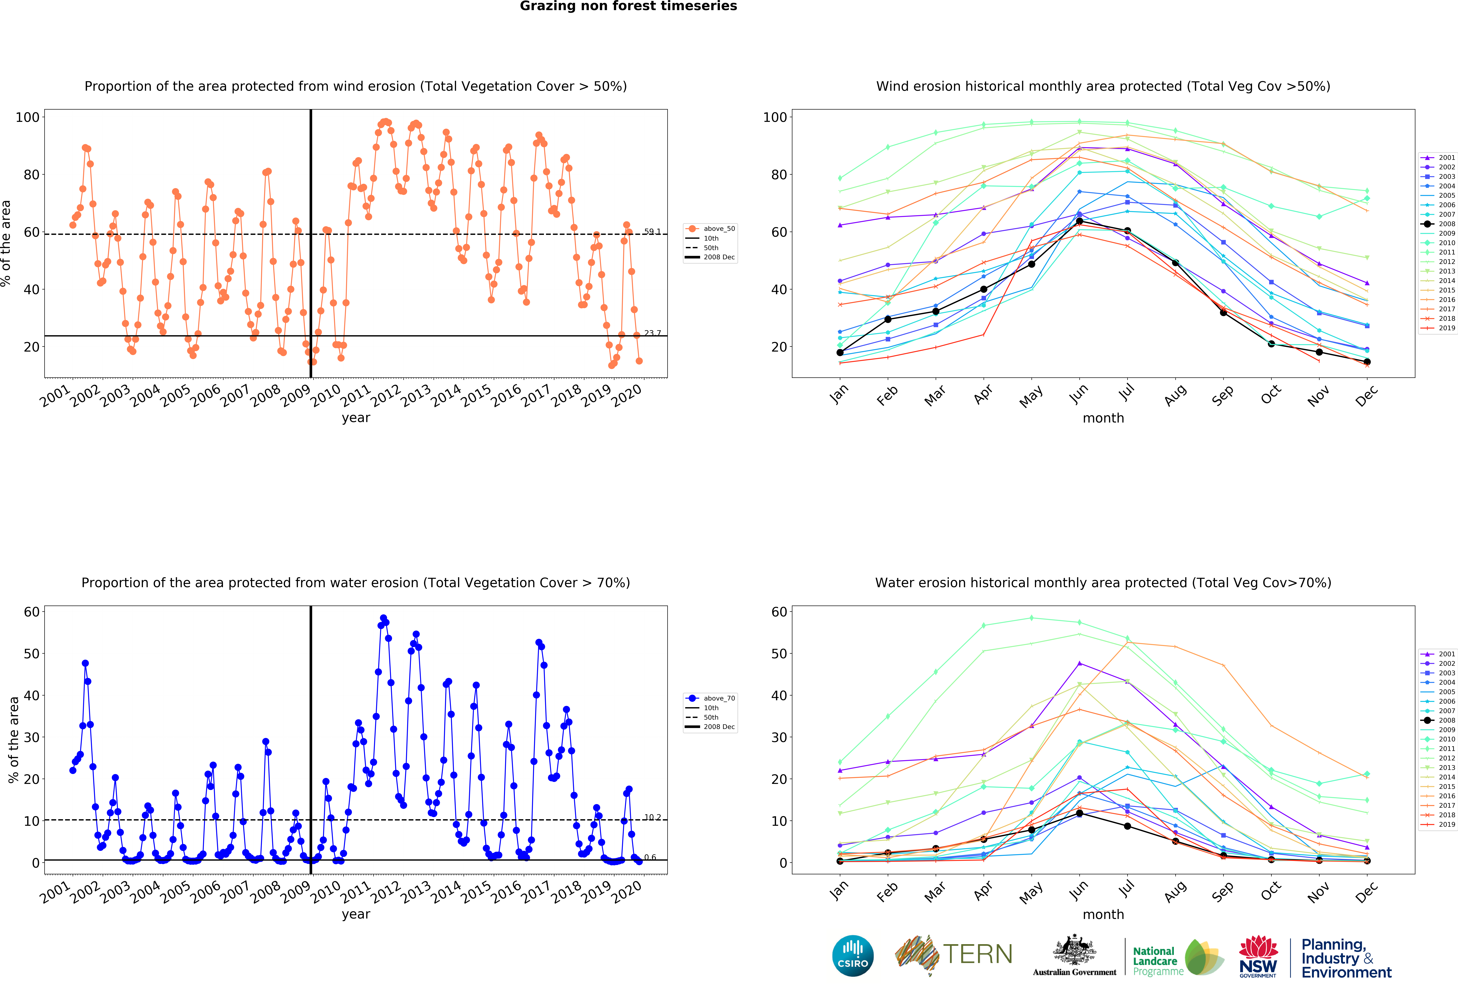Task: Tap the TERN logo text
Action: (977, 954)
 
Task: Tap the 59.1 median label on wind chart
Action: (652, 232)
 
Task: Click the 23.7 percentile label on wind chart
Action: (652, 333)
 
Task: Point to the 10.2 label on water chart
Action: (652, 817)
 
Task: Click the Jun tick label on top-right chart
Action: (1079, 394)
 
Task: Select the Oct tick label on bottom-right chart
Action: (1271, 891)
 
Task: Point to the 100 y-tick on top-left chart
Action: (28, 117)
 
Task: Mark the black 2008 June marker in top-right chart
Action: (1079, 221)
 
